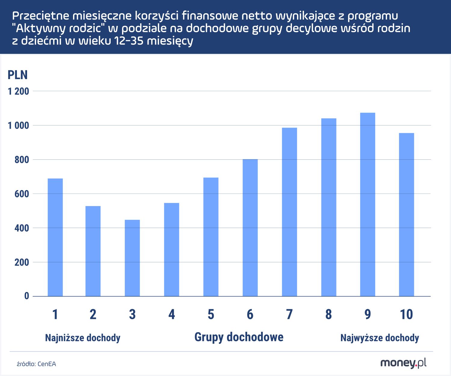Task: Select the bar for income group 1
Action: point(55,237)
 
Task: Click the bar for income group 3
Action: point(132,258)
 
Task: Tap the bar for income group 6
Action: point(250,228)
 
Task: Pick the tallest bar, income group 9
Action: point(368,205)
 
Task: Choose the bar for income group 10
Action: point(407,214)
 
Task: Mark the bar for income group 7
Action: point(290,212)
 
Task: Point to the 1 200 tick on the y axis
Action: point(18,91)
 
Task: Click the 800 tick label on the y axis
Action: point(22,160)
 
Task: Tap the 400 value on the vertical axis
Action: point(22,228)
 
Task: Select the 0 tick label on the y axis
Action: point(27,296)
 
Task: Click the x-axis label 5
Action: point(211,314)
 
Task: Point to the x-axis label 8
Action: point(328,314)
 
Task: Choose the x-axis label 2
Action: point(93,314)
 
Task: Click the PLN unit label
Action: point(17,75)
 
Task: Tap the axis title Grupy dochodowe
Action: point(239,337)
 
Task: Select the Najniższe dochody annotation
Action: point(83,338)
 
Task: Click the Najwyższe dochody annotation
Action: point(379,338)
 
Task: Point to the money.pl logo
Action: point(403,363)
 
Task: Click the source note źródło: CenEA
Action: point(36,364)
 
